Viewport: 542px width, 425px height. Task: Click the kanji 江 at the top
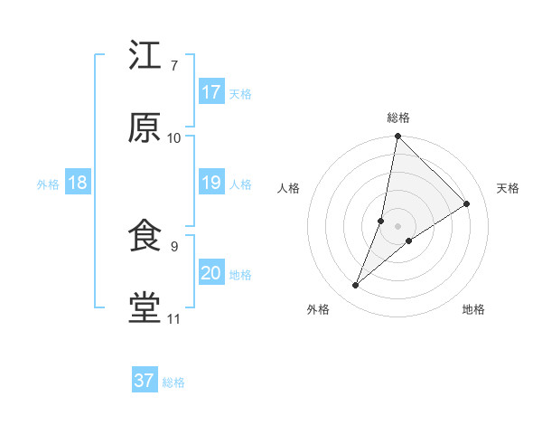pyautogui.click(x=145, y=56)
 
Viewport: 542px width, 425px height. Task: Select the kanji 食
pyautogui.click(x=145, y=236)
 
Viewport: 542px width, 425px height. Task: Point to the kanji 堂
pyautogui.click(x=145, y=308)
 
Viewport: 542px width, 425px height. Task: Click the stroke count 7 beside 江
pyautogui.click(x=173, y=66)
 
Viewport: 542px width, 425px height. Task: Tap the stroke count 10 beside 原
pyautogui.click(x=174, y=137)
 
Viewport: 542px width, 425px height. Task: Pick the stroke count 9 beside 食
pyautogui.click(x=173, y=246)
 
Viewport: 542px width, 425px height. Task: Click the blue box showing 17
pyautogui.click(x=211, y=92)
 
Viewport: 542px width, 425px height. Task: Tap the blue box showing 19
pyautogui.click(x=211, y=183)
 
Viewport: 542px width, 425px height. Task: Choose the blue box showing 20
pyautogui.click(x=211, y=273)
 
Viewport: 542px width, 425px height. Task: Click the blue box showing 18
pyautogui.click(x=78, y=183)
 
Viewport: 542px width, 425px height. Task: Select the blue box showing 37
pyautogui.click(x=145, y=381)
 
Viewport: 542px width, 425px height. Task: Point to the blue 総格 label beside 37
pyautogui.click(x=173, y=382)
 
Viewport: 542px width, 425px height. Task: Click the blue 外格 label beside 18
pyautogui.click(x=48, y=184)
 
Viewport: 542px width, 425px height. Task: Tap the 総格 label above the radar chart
pyautogui.click(x=398, y=118)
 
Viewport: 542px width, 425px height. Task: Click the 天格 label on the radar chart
pyautogui.click(x=508, y=188)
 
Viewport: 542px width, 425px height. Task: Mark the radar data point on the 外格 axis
pyautogui.click(x=356, y=286)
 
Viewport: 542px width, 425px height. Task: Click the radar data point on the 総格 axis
pyautogui.click(x=398, y=137)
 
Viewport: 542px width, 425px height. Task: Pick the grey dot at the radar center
pyautogui.click(x=398, y=225)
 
